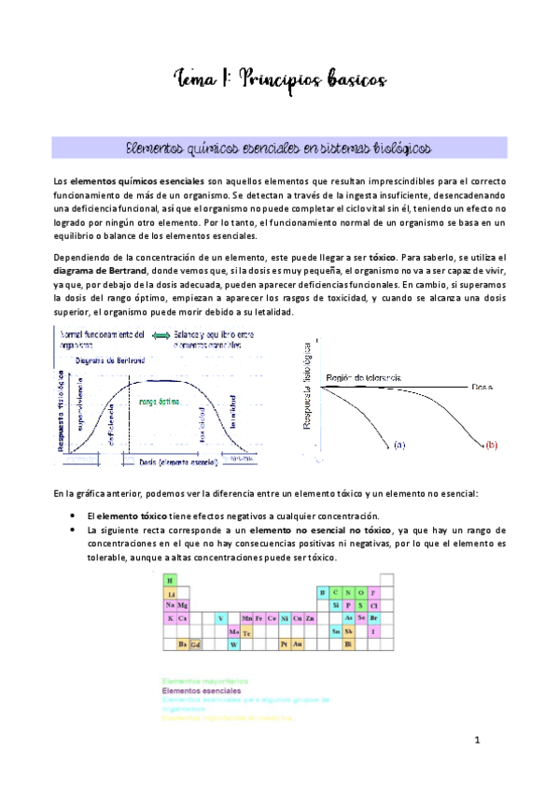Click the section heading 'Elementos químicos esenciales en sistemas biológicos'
click(279, 148)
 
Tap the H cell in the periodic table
click(170, 580)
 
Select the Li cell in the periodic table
click(170, 592)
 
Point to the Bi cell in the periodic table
click(348, 643)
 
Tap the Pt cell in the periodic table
click(284, 643)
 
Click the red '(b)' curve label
click(492, 445)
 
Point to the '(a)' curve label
click(399, 445)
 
